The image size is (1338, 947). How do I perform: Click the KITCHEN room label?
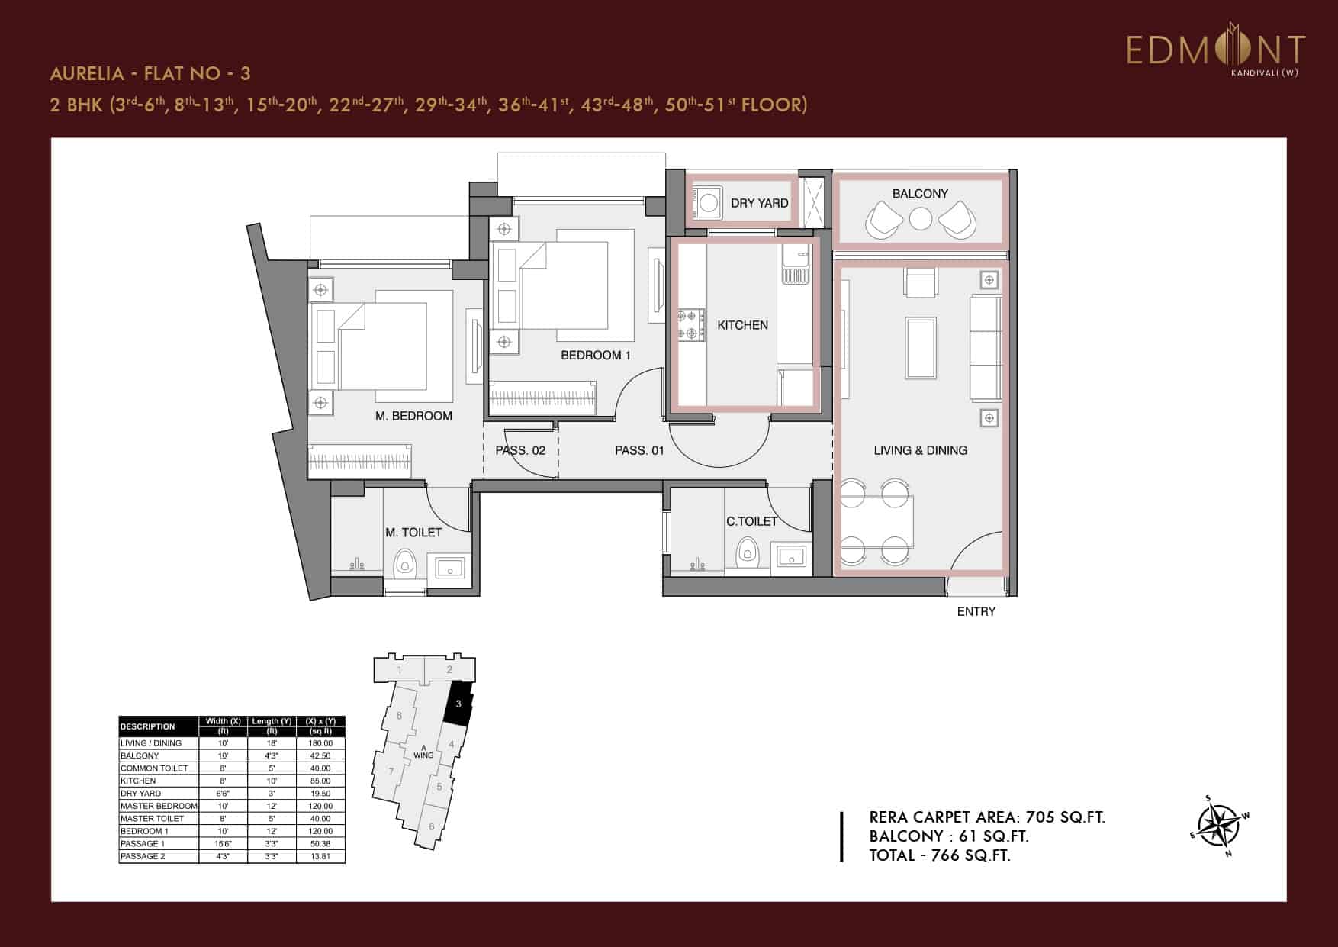point(742,325)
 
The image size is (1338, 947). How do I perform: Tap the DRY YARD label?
point(759,203)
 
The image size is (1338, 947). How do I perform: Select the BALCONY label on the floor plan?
point(920,194)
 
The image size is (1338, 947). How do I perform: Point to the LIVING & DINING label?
point(920,450)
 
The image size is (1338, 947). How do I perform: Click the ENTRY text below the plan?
point(976,611)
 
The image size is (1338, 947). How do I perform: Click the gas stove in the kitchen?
point(691,324)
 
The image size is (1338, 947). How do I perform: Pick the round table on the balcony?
point(921,219)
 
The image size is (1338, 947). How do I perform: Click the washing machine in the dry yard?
point(709,203)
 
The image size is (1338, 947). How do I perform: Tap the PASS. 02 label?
point(520,450)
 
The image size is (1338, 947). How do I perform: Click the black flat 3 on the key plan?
point(458,704)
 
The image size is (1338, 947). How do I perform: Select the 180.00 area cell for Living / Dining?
point(320,742)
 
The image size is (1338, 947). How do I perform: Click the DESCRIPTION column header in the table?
point(148,726)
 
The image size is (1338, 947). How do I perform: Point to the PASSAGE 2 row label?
point(143,856)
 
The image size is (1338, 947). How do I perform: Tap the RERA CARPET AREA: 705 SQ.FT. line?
point(986,817)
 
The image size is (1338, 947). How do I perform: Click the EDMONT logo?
point(1215,50)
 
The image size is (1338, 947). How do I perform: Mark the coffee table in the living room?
point(921,348)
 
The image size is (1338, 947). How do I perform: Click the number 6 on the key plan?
point(431,826)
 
